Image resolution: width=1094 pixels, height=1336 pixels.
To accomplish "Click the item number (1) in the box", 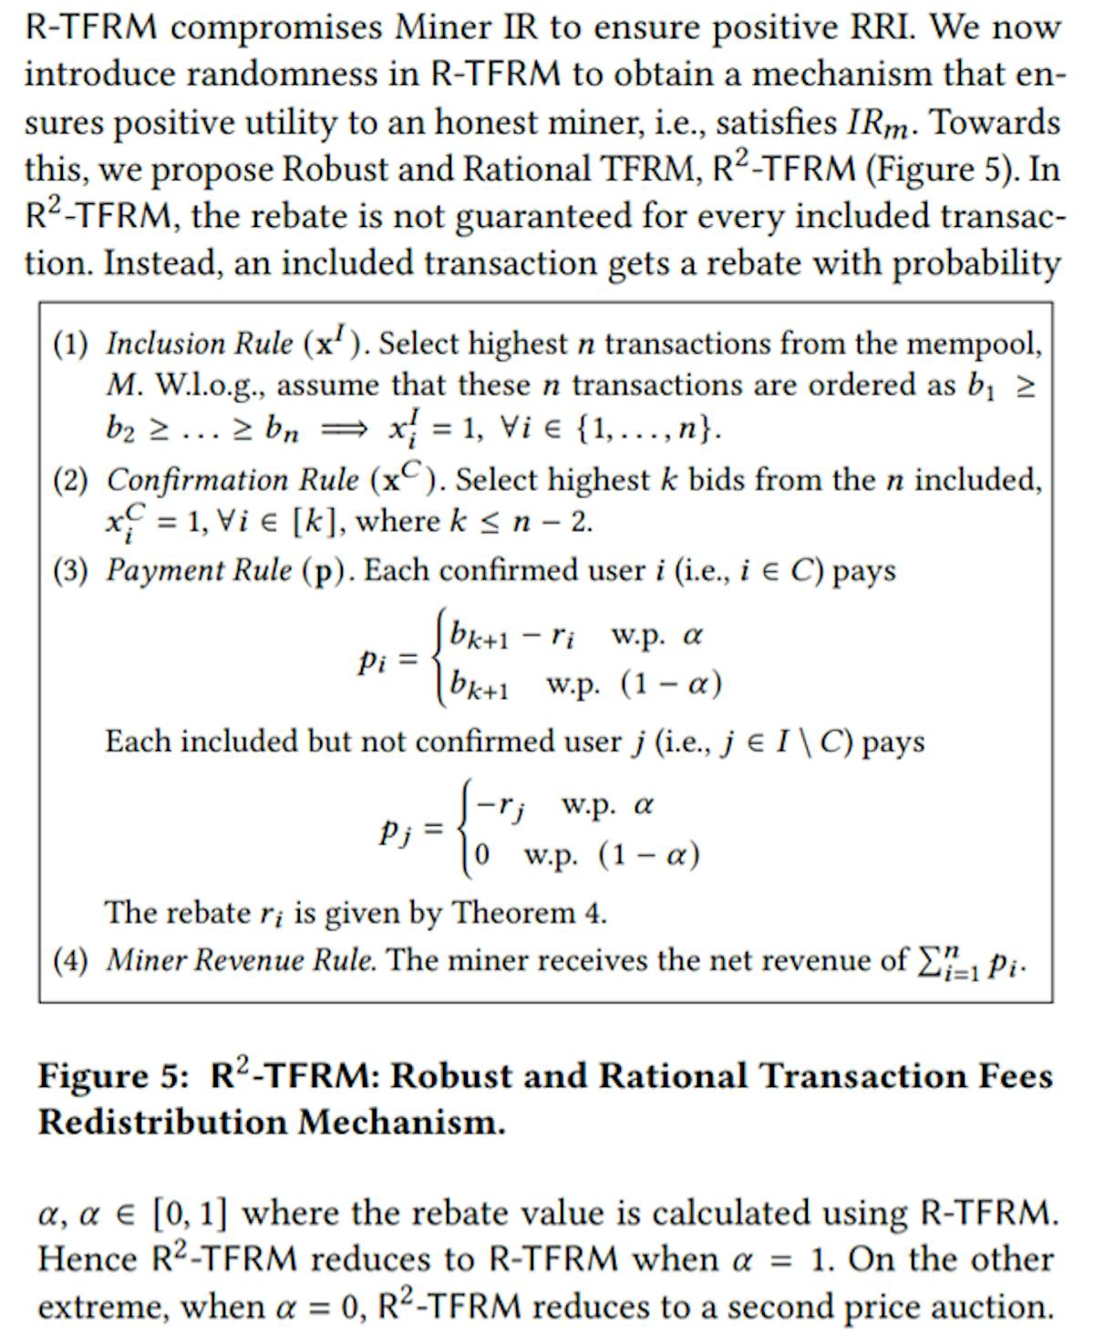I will pos(70,344).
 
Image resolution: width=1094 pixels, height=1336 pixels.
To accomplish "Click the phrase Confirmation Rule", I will pos(232,479).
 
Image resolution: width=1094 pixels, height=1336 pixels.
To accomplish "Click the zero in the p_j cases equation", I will pos(482,855).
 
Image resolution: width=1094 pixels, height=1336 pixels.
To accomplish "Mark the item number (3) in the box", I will pos(70,570).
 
